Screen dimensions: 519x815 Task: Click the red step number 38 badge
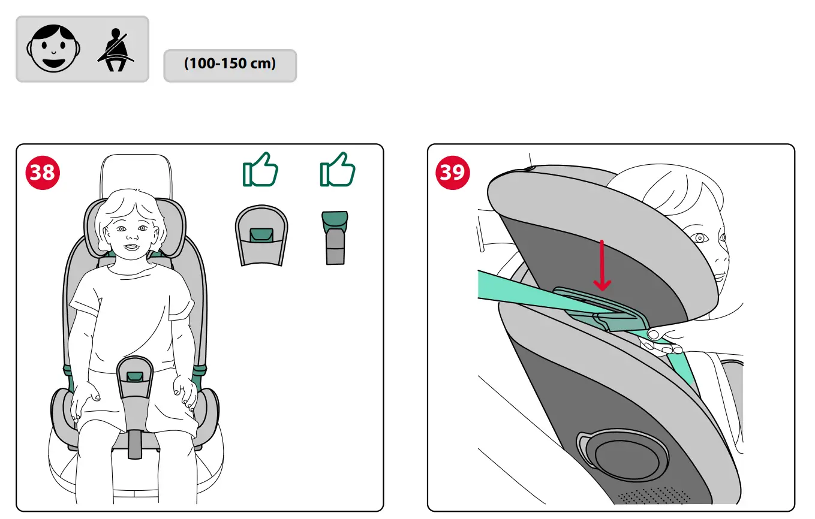point(43,173)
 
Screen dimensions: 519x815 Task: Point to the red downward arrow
point(602,266)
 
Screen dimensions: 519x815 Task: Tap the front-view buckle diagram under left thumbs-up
point(261,236)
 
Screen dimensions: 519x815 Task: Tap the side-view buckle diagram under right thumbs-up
point(335,237)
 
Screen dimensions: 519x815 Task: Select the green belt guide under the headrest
point(600,309)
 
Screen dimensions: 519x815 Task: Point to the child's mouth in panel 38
point(131,248)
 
